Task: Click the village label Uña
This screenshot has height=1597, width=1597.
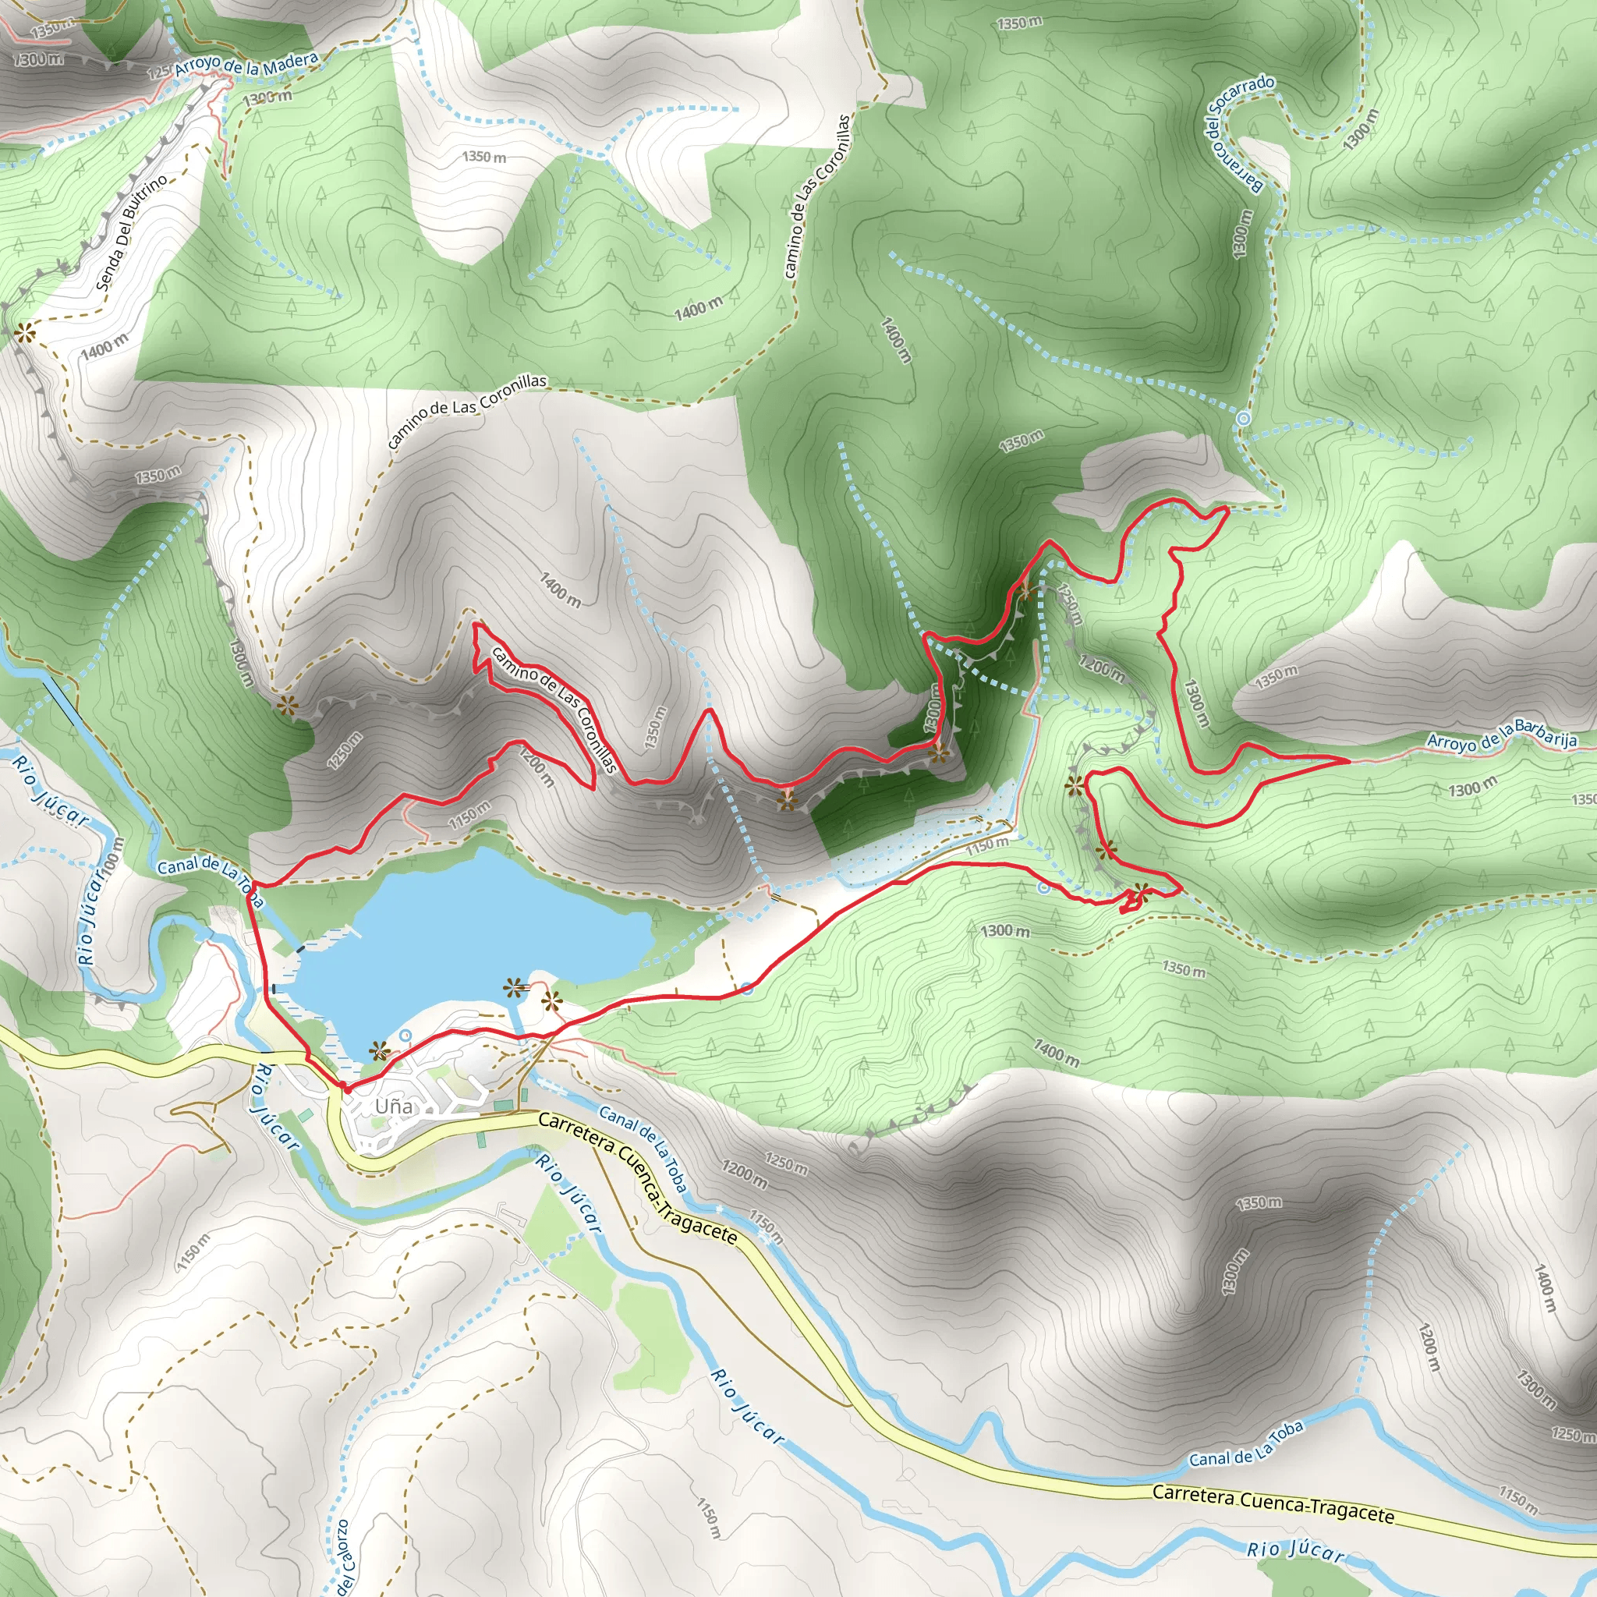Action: click(x=394, y=1106)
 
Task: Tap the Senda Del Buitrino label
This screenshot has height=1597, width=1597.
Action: click(x=132, y=232)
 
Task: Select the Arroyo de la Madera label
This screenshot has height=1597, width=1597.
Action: click(x=246, y=66)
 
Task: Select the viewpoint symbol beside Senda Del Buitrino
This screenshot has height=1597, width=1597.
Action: click(x=25, y=333)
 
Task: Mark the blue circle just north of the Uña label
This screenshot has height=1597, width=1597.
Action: click(x=405, y=1035)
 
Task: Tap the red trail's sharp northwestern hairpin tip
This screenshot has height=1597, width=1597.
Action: click(x=476, y=624)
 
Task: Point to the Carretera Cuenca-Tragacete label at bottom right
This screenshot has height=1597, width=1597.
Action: click(x=1273, y=1503)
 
